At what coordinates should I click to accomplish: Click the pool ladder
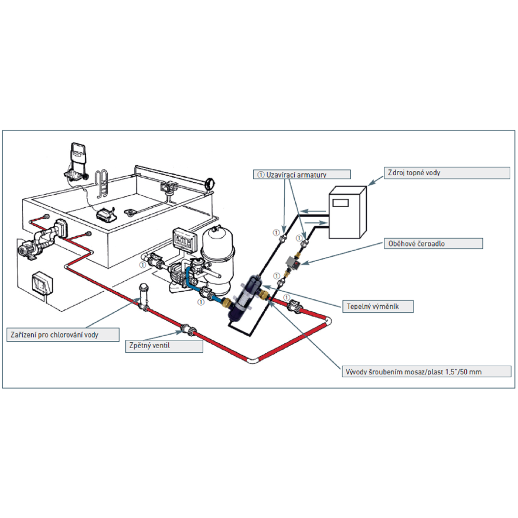(103, 184)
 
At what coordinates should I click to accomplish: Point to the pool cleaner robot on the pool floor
(107, 213)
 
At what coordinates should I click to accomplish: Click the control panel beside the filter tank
(184, 239)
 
